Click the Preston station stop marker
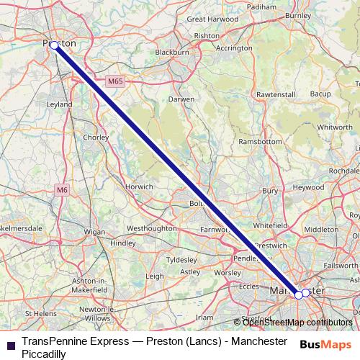click(x=54, y=45)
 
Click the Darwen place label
click(x=181, y=99)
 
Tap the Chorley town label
click(x=94, y=136)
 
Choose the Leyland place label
click(x=59, y=104)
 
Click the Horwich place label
click(x=139, y=186)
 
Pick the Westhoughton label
click(x=151, y=228)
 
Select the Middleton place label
click(x=321, y=229)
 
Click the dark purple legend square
click(x=9, y=345)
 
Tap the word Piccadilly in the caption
click(x=45, y=354)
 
